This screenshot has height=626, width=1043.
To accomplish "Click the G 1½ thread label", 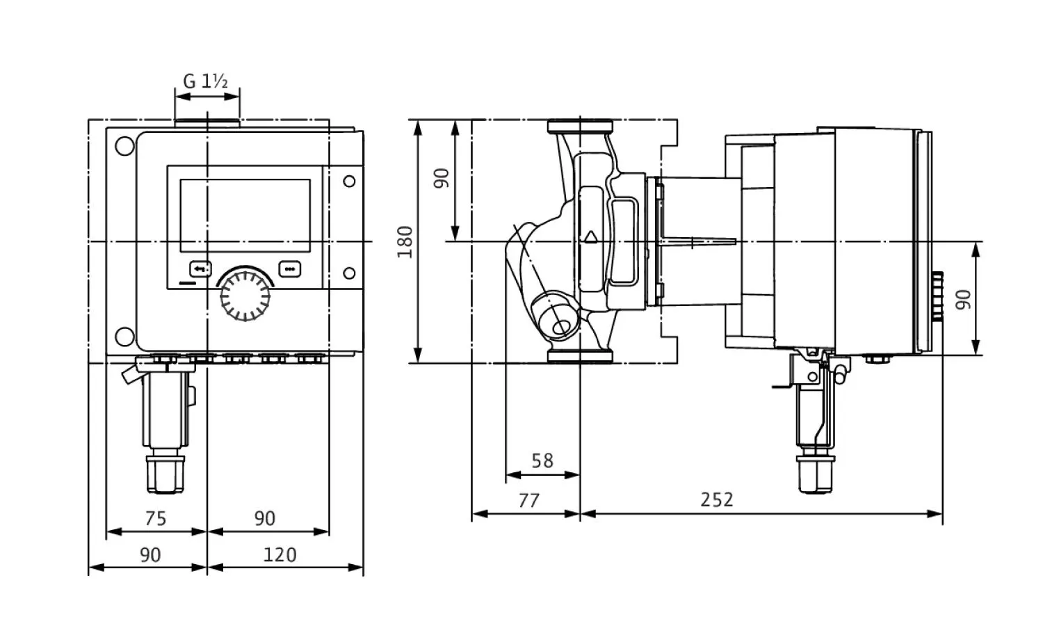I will click(205, 81).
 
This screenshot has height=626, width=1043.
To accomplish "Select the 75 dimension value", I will click(155, 518).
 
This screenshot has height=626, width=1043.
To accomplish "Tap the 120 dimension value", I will click(280, 554).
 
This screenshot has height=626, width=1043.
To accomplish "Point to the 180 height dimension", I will click(405, 241).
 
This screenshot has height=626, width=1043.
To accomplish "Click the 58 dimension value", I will click(542, 461).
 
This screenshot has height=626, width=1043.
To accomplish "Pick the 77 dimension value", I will click(528, 500).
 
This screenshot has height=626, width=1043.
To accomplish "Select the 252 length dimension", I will click(717, 500).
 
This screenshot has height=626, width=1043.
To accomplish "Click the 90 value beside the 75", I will click(264, 518).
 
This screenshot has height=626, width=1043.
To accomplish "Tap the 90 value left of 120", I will click(150, 554).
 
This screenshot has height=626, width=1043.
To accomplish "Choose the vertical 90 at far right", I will click(964, 299).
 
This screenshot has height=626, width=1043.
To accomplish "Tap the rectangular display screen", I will click(245, 216).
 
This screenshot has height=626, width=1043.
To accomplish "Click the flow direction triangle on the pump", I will click(591, 236).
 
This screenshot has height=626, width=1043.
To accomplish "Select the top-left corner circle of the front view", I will click(125, 147).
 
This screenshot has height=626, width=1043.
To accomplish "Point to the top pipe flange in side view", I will click(580, 127).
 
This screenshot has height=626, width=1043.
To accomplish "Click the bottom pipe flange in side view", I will click(580, 356).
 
